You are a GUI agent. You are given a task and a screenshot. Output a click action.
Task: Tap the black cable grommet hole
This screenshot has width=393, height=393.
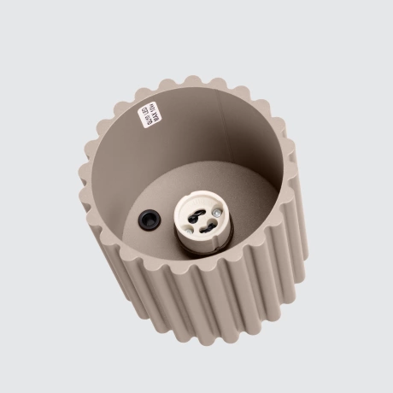point(150,219)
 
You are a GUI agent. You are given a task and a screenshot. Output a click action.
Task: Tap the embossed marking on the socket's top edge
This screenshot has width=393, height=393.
point(196,196)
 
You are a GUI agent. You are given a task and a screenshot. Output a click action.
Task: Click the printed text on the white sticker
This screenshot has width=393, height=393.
point(153,114)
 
